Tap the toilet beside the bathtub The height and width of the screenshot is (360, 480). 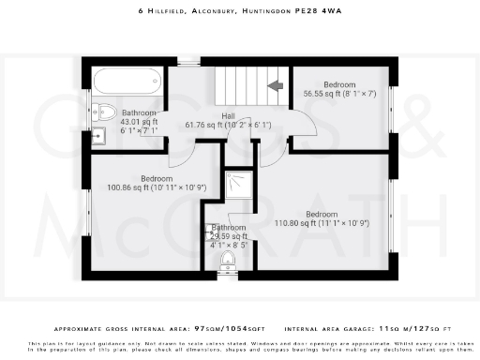click(105, 113)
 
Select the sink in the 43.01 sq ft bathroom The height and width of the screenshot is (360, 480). click(98, 137)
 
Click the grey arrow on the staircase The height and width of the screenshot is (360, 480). click(275, 86)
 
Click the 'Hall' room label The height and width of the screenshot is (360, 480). click(228, 115)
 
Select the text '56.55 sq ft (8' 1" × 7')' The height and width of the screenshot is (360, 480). click(339, 93)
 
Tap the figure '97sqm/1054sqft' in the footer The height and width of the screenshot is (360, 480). click(231, 331)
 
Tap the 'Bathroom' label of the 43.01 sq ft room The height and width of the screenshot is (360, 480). click(139, 112)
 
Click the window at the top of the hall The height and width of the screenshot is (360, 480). click(189, 61)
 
